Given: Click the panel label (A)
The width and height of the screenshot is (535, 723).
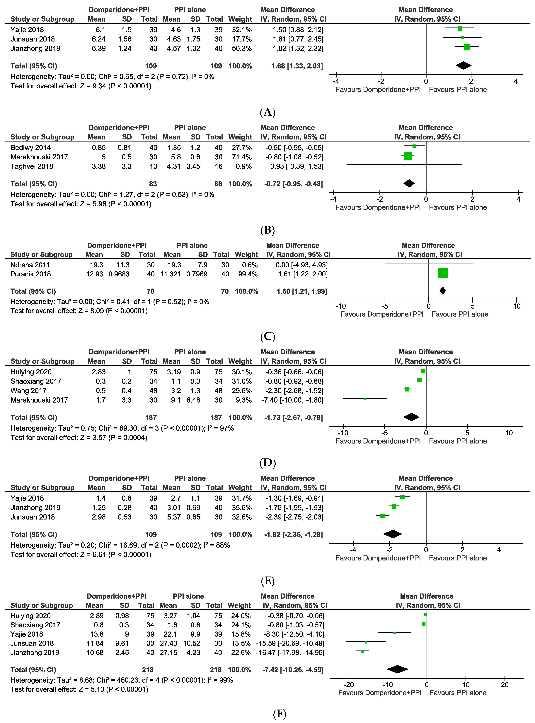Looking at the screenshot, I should tap(267, 112).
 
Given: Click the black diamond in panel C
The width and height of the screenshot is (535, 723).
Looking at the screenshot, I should tap(442, 291).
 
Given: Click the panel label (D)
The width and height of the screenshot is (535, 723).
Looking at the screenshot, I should tap(267, 463).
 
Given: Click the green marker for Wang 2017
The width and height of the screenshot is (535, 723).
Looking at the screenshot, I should tap(407, 389).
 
